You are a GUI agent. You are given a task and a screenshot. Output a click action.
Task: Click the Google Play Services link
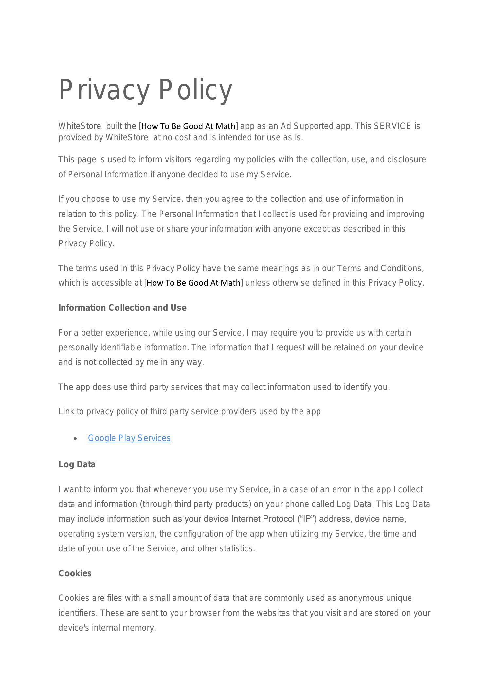tap(129, 438)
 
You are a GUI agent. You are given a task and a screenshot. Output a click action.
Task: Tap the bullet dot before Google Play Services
tap(76, 439)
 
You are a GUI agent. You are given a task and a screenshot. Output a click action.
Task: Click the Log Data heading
tap(77, 464)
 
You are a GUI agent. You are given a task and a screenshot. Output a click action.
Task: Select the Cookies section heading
tap(75, 573)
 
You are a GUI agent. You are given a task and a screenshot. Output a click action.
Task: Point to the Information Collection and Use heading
tap(122, 308)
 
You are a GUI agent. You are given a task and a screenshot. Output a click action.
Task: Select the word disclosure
tap(407, 159)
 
